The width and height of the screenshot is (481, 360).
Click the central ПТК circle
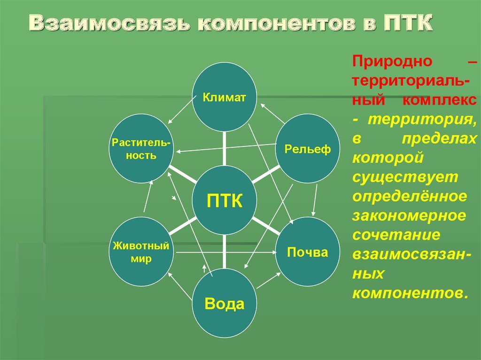225,200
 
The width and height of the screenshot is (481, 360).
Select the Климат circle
225,97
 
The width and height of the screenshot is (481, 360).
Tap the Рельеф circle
308,149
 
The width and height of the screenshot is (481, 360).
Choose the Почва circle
308,252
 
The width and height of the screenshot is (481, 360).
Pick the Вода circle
225,303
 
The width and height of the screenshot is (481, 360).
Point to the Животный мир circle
141,252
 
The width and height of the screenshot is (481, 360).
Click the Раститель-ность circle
141,149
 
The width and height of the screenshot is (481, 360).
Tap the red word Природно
392,61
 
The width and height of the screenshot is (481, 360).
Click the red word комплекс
439,100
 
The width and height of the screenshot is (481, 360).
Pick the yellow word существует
405,177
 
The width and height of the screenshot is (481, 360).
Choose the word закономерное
409,215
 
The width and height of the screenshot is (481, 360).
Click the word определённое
410,197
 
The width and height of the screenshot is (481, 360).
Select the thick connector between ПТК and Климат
224,149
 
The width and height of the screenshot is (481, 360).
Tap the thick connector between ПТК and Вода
224,252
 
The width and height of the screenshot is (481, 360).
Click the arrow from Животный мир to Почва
226,253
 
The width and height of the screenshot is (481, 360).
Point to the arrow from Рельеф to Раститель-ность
226,148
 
